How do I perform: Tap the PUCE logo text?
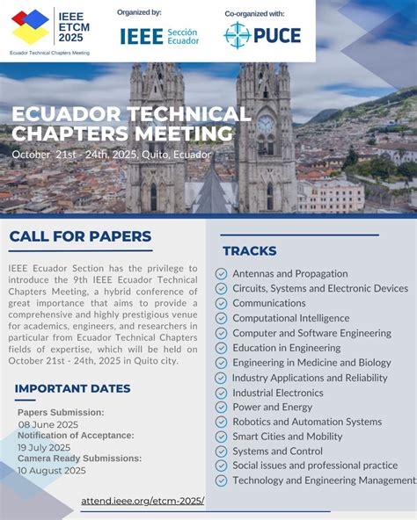(277, 35)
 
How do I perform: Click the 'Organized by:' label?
(139, 12)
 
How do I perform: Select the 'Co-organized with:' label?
(254, 14)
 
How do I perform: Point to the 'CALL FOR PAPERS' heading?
(81, 236)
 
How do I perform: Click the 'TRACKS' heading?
(250, 251)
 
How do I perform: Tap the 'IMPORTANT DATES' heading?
(73, 388)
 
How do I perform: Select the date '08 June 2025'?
(48, 424)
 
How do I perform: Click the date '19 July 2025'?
(45, 447)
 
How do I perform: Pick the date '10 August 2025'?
(52, 470)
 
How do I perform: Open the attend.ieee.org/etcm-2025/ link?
(143, 501)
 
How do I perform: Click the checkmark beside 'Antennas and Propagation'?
(221, 274)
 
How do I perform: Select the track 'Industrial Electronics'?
(278, 393)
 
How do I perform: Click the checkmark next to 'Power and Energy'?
(221, 408)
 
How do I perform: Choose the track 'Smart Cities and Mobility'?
(288, 437)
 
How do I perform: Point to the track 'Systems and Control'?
(277, 451)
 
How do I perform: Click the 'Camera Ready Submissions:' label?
(79, 459)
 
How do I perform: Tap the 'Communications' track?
(269, 303)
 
